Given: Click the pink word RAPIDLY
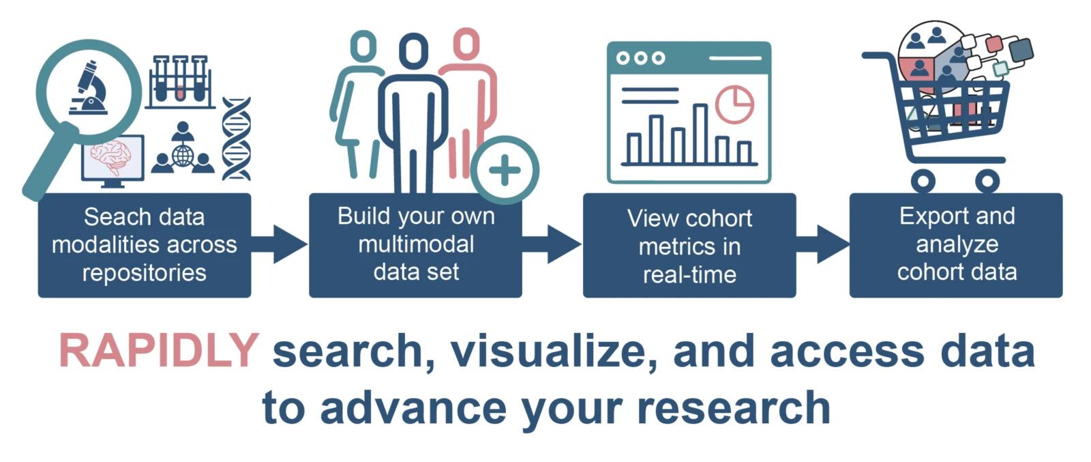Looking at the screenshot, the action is (158, 350).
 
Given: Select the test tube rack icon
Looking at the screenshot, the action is (180, 81).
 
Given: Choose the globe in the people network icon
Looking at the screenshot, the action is (183, 156).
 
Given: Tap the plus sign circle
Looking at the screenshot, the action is (505, 170).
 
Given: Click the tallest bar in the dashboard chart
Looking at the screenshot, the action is (700, 134).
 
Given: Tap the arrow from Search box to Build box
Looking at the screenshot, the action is (279, 244).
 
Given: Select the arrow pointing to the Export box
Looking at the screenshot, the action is (823, 244).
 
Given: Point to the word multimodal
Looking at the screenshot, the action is (416, 244).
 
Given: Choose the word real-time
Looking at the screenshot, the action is (689, 274).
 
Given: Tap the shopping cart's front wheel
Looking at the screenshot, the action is (987, 182).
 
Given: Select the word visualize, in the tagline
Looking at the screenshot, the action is (554, 351).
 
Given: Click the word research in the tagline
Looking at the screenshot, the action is (734, 408).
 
